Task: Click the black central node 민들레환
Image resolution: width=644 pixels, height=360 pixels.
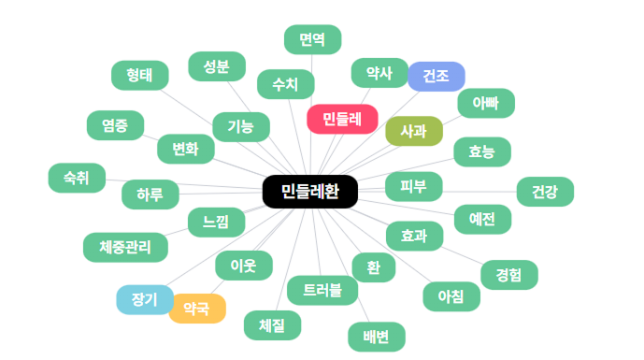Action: click(x=310, y=192)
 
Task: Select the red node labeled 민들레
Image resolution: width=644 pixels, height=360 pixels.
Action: click(x=342, y=119)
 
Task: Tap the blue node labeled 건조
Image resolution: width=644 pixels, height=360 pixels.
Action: click(x=436, y=77)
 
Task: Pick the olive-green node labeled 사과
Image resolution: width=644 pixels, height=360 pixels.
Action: click(x=414, y=131)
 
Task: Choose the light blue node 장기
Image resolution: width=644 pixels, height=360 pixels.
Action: click(x=145, y=299)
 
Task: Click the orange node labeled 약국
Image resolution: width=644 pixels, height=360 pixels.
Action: click(x=197, y=309)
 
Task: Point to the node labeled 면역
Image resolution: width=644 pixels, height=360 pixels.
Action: click(x=312, y=39)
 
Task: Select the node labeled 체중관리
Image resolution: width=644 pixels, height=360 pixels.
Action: click(x=125, y=248)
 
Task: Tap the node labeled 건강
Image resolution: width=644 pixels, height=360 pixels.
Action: click(x=545, y=192)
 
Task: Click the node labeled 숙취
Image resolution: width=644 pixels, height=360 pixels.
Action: click(x=77, y=178)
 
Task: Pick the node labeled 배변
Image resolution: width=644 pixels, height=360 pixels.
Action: click(x=377, y=337)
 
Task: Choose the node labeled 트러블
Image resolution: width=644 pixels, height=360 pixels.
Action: click(x=322, y=291)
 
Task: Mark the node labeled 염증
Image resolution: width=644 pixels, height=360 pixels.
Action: click(x=115, y=125)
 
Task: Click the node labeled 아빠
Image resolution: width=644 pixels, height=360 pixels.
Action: click(x=486, y=103)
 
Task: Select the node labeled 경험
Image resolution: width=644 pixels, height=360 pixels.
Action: click(x=509, y=275)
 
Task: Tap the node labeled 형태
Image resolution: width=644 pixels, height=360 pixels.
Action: click(x=140, y=75)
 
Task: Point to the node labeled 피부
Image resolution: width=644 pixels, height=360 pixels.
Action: click(x=414, y=187)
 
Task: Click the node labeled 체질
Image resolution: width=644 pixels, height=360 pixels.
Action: click(x=272, y=325)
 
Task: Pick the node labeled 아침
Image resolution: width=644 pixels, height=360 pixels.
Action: click(x=451, y=296)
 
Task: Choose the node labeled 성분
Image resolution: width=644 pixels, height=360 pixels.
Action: click(x=217, y=66)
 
